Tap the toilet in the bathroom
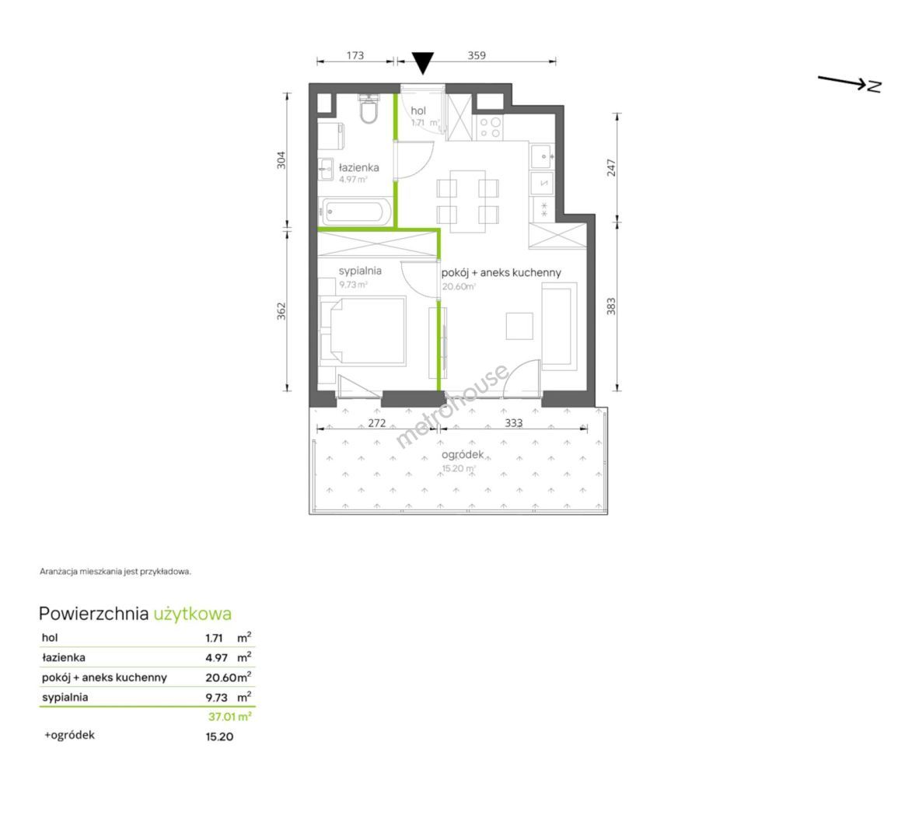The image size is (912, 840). (369, 109)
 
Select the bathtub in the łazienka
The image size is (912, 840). (355, 211)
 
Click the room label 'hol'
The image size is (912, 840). (418, 110)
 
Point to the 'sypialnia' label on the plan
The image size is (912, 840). (360, 271)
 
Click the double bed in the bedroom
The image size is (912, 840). (362, 331)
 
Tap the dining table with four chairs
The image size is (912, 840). (467, 201)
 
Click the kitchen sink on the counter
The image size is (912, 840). (542, 156)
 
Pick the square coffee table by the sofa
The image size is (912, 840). (519, 326)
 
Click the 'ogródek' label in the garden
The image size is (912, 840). (463, 455)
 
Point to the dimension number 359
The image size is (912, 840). (477, 55)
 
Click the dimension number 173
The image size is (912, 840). (355, 55)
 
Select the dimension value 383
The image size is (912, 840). (610, 306)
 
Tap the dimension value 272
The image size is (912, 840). (377, 423)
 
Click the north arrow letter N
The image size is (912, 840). (874, 86)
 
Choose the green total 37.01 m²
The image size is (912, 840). (229, 716)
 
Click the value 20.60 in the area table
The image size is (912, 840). (221, 677)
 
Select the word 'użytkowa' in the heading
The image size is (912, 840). (193, 614)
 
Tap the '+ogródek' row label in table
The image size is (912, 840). (69, 735)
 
